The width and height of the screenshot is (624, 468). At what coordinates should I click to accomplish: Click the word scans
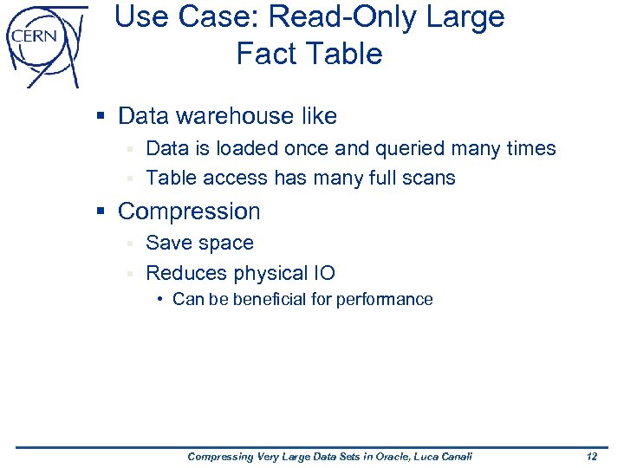tap(426, 179)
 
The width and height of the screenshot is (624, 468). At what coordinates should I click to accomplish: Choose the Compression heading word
tap(189, 211)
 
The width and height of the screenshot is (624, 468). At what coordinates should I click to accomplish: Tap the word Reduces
tap(186, 274)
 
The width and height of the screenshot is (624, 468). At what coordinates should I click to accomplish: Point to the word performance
tap(387, 300)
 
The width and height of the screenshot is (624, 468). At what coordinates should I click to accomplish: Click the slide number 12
tap(591, 457)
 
